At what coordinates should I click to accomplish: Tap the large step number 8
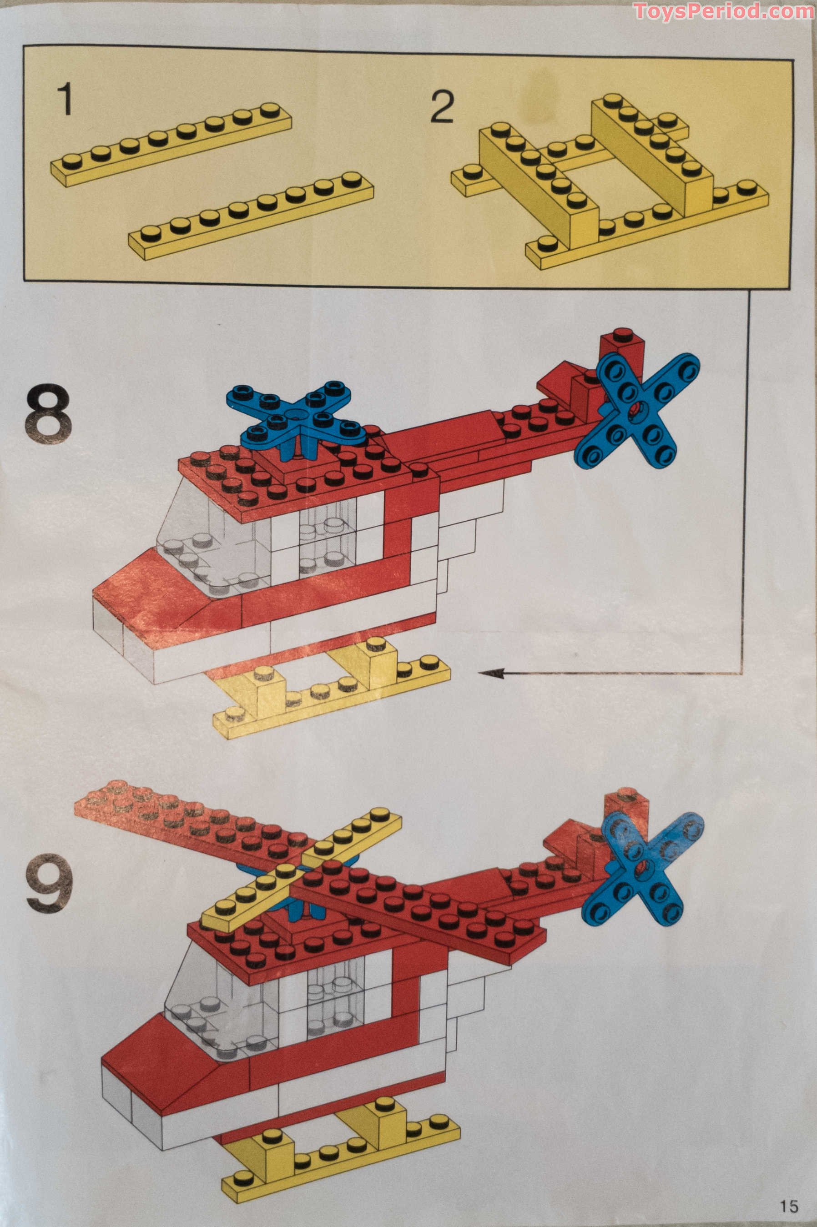[48, 414]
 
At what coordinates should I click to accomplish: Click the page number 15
[789, 1206]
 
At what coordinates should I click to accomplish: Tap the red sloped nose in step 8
[156, 599]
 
